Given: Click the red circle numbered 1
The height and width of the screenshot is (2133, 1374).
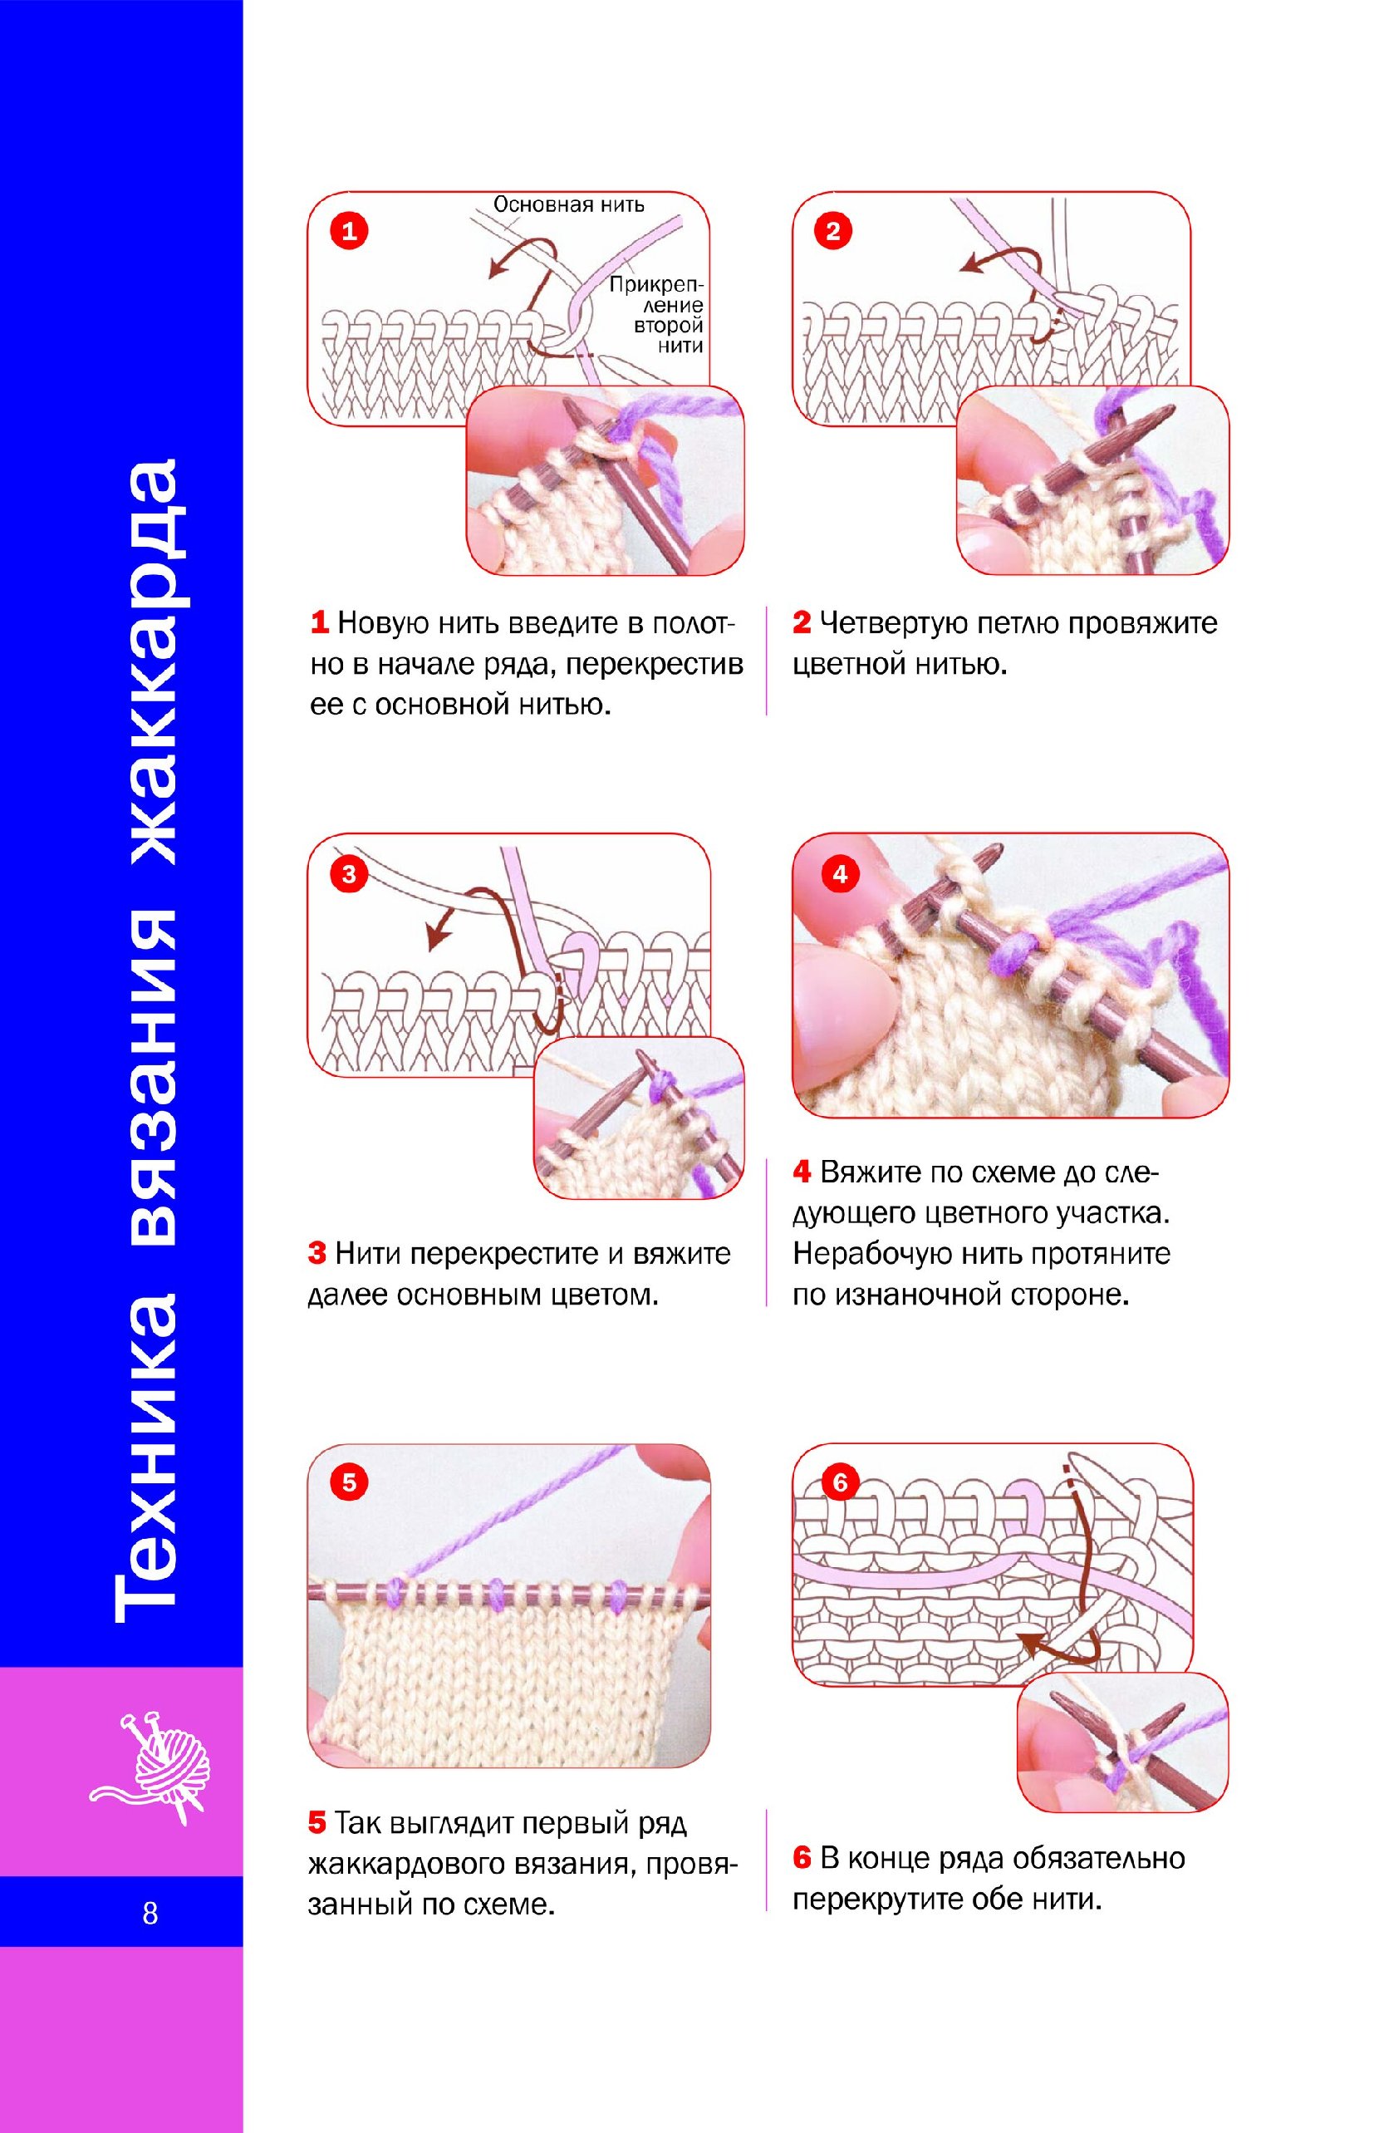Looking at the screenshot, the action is tap(350, 232).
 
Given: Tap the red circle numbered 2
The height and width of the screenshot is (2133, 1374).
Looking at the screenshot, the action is tap(833, 232).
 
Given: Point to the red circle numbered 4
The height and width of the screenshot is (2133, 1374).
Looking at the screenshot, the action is tap(840, 874).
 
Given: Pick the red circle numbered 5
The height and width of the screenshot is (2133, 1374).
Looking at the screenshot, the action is tap(349, 1482).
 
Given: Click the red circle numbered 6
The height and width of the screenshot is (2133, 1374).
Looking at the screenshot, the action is tap(840, 1482).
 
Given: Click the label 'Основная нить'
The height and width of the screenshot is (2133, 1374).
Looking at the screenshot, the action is tap(568, 204).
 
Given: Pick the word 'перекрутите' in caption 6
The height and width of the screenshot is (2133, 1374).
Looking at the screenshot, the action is tap(879, 1899).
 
